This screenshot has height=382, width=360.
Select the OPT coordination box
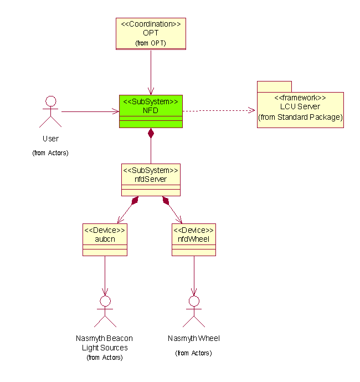150,34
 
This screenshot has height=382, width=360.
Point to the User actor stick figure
50,113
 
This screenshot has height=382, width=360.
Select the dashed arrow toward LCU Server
219,110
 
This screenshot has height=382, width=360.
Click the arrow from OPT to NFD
151,72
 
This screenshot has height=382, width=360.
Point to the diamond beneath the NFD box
151,133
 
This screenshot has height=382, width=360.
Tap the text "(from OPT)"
150,43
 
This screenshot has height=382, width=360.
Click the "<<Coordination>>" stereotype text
150,24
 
